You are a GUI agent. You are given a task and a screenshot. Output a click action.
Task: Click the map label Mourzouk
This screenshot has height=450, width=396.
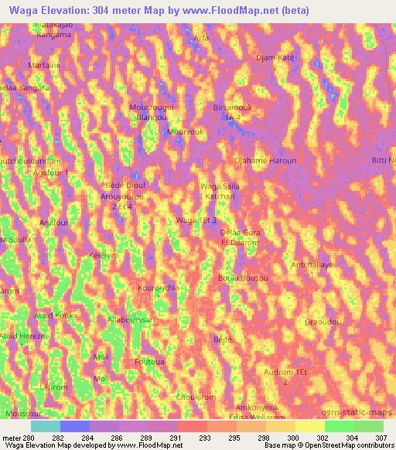coord(184,131)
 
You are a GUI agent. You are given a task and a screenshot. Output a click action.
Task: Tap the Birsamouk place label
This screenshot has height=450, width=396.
coord(233,108)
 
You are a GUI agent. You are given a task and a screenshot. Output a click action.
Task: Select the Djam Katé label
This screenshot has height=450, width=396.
coord(275,58)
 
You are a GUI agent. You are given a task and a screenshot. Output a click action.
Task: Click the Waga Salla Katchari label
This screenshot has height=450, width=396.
coord(220,192)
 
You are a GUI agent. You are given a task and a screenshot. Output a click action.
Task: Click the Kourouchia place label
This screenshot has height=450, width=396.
coord(158,288)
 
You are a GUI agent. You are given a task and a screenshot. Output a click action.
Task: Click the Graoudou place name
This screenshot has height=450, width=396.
coord(323,321)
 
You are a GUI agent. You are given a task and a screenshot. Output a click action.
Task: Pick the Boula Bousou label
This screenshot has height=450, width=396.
coord(243,278)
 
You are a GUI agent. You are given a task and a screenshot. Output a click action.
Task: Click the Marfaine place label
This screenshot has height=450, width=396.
coord(43,65)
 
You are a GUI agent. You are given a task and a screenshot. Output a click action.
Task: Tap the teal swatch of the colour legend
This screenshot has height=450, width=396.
coord(46,426)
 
